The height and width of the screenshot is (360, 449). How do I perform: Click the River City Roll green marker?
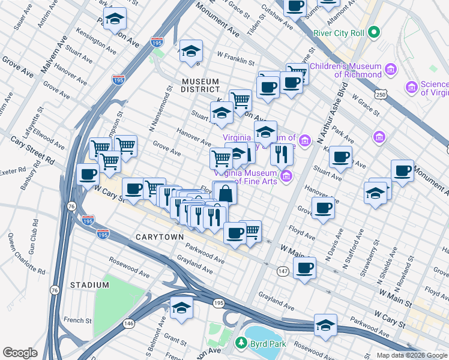[x=374, y=32]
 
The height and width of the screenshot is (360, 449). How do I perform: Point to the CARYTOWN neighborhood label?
[x=159, y=237]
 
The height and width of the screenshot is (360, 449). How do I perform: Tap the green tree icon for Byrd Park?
[x=241, y=343]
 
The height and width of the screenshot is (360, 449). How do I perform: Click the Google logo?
[x=20, y=353]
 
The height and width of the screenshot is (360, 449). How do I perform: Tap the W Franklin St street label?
[x=236, y=62]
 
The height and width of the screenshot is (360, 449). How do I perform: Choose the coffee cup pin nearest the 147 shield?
[x=304, y=268]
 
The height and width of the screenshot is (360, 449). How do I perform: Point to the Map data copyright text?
[x=411, y=355]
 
